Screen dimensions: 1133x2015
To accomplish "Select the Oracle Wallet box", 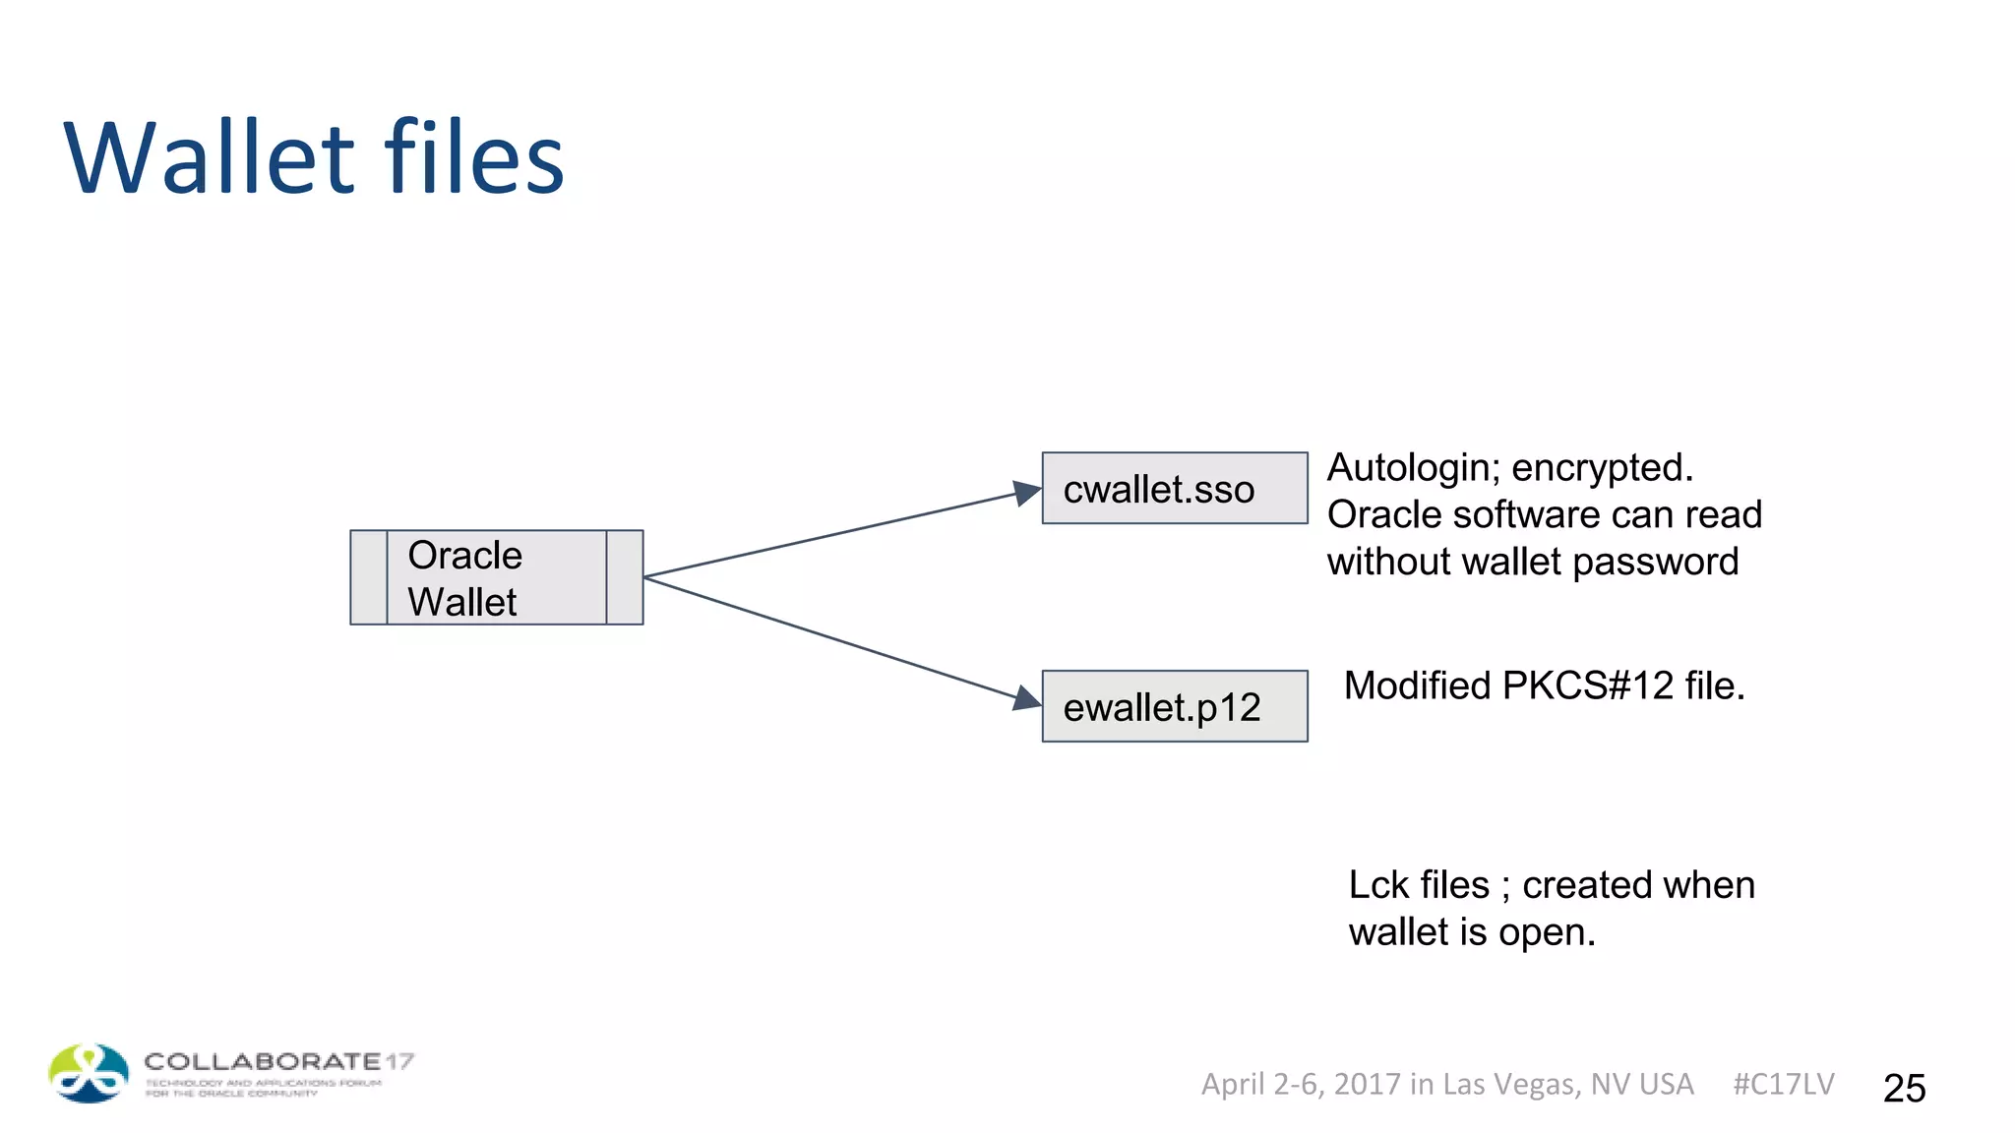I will [496, 577].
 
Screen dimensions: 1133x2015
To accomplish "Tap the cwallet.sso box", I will [1174, 489].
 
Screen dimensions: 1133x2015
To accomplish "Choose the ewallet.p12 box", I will [1174, 706].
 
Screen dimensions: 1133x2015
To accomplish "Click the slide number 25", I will [1904, 1088].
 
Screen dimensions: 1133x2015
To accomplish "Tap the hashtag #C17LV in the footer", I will [1783, 1084].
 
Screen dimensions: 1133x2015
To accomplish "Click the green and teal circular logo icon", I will [89, 1073].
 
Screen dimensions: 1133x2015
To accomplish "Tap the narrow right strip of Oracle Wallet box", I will [625, 577].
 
